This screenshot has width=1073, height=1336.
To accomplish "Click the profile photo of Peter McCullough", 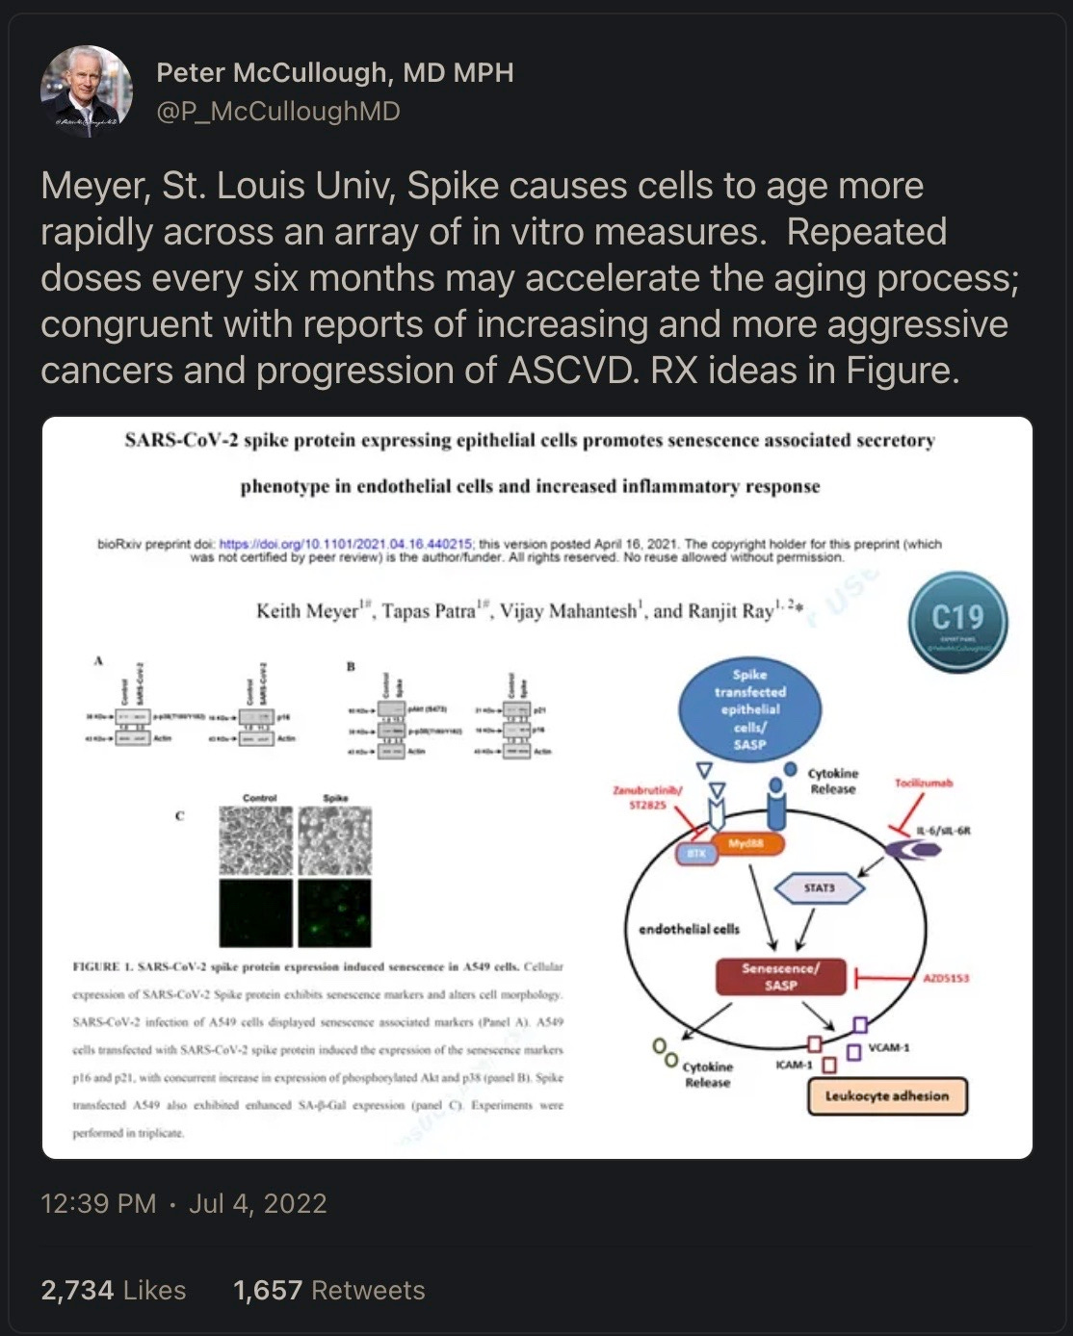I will pos(87,91).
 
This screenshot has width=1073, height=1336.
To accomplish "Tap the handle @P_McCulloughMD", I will pos(278,112).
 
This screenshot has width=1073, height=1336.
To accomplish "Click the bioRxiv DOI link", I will pos(346,544).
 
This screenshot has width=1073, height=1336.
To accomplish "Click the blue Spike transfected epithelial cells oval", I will pos(749,709).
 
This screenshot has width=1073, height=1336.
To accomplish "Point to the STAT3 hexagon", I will pos(820,887).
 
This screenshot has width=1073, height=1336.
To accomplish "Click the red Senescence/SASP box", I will pos(780,976).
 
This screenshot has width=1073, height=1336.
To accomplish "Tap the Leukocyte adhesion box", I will pos(886,1095).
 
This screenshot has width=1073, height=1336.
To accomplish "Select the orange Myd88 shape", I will pos(746,844).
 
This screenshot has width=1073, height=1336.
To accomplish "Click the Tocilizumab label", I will pos(923,783).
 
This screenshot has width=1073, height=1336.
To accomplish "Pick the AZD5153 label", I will pos(945,978).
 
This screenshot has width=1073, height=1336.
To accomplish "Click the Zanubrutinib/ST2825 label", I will pos(647,797).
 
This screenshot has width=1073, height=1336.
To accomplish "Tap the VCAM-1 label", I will pos(888,1047).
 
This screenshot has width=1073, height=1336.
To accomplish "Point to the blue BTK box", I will pos(696,854).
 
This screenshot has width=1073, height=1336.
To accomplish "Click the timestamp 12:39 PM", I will pos(98,1203).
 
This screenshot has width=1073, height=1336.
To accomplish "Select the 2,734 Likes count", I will pos(114,1290).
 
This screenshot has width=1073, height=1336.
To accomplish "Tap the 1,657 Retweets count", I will pos(328,1290).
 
